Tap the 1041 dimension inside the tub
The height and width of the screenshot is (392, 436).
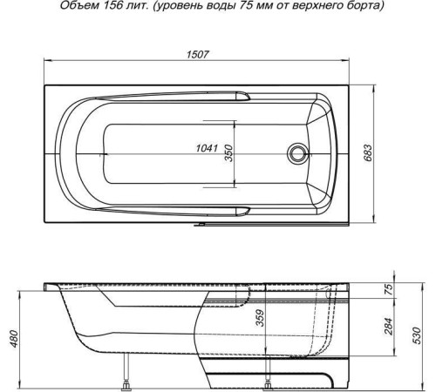pyautogui.click(x=207, y=149)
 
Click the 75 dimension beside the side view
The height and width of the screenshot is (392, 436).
pyautogui.click(x=389, y=290)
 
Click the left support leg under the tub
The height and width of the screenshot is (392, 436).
pyautogui.click(x=130, y=375)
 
